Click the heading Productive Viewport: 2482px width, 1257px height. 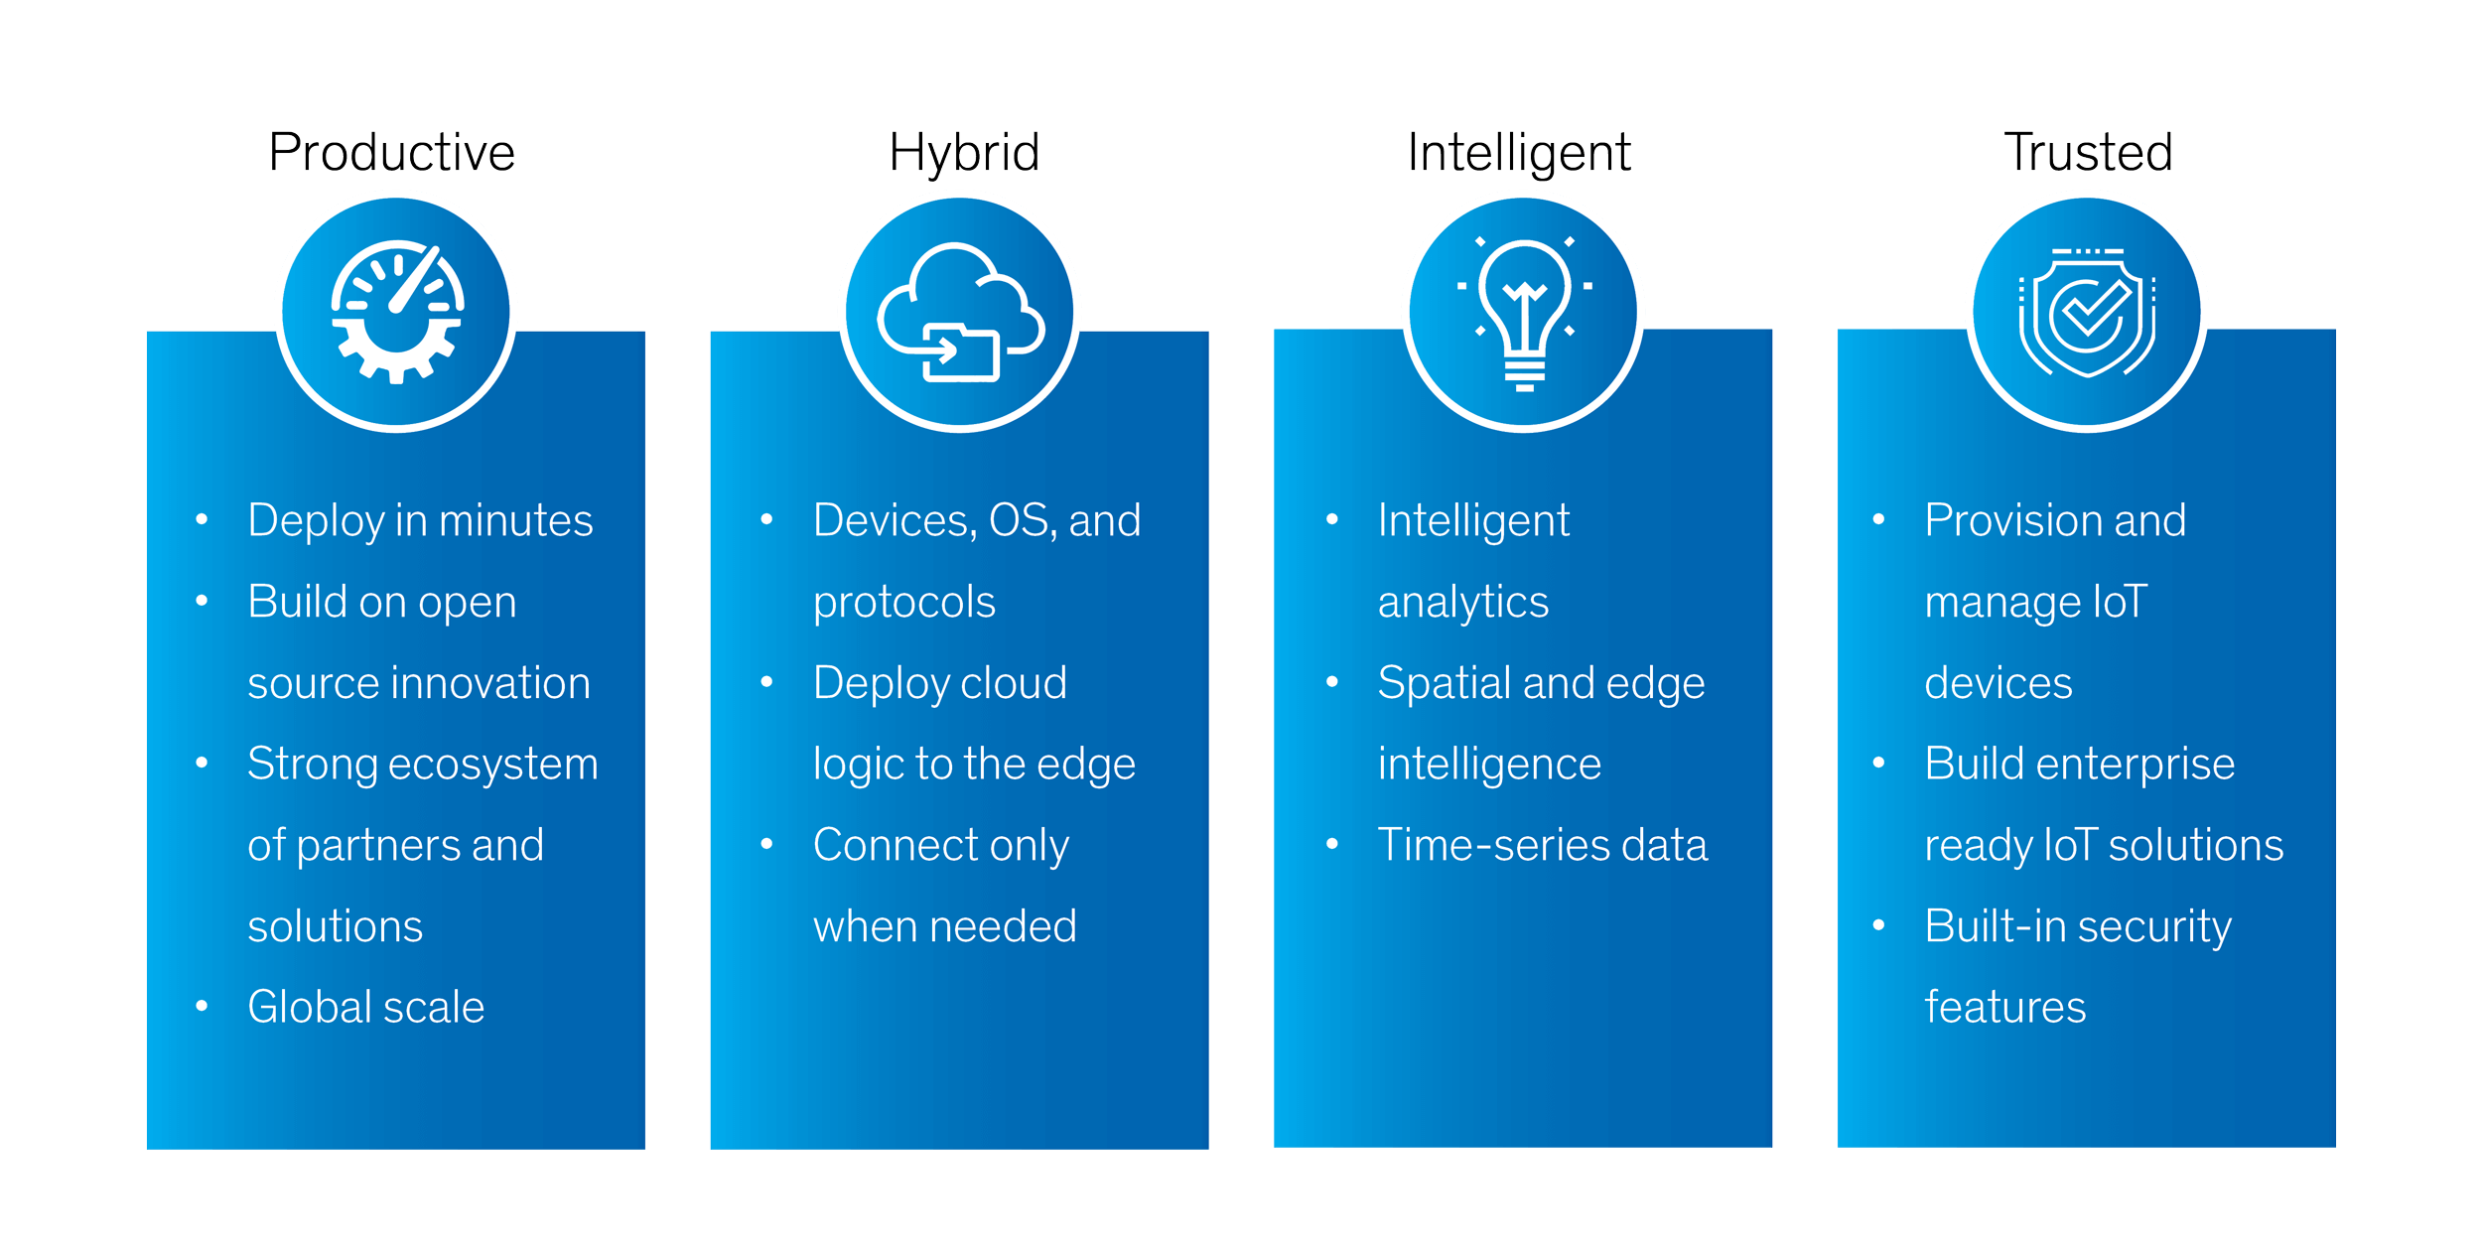391,152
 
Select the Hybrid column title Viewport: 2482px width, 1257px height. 964,154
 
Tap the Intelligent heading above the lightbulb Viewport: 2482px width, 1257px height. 1519,154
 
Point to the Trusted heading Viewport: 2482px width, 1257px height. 2089,152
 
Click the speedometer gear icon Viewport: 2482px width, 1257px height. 397,312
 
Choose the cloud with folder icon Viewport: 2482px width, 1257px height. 961,312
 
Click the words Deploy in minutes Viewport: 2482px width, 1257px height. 420,521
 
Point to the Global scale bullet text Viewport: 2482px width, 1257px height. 365,1007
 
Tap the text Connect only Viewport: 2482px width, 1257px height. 940,846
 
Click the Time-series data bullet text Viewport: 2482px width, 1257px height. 1542,845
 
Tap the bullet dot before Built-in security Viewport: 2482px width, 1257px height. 1878,925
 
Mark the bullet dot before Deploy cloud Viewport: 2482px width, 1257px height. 766,681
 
